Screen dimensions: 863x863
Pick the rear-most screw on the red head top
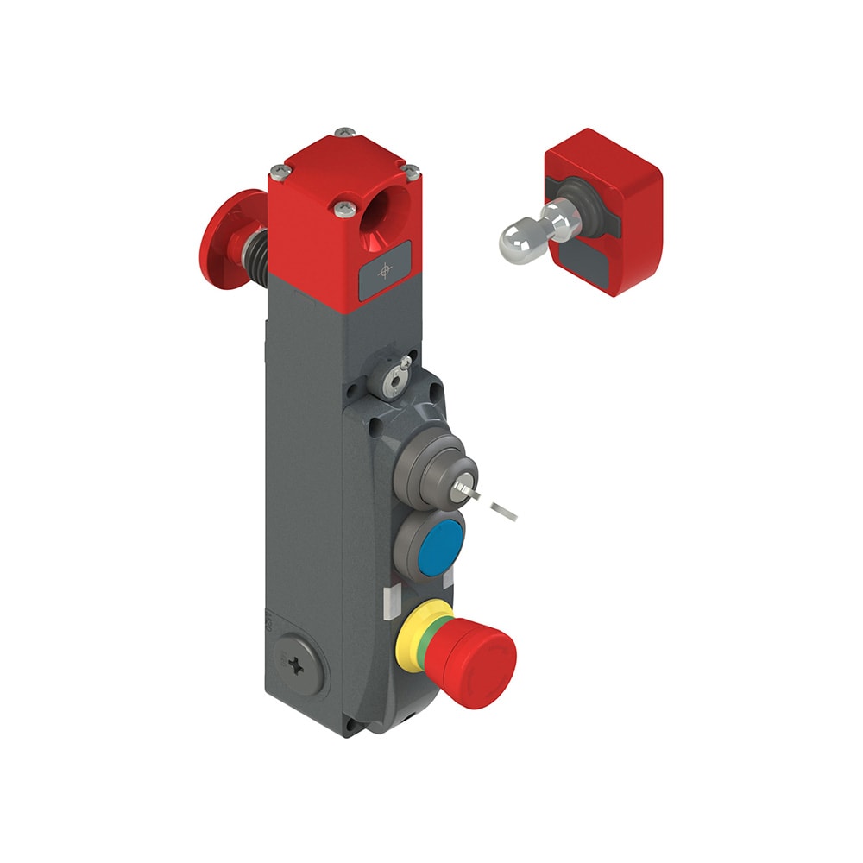click(x=345, y=132)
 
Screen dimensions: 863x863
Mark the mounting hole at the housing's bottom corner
click(x=350, y=722)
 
